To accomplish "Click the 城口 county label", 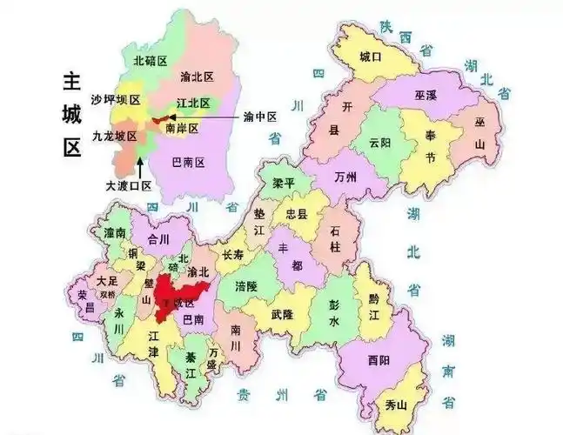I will click(x=371, y=57).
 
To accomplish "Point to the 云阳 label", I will click(x=379, y=143).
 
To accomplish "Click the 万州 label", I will click(x=345, y=177).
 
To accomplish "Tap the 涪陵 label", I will click(x=246, y=284).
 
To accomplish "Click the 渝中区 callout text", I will click(x=260, y=117).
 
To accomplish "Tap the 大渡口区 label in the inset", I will click(x=129, y=185).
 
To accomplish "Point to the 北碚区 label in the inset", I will click(x=150, y=61).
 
